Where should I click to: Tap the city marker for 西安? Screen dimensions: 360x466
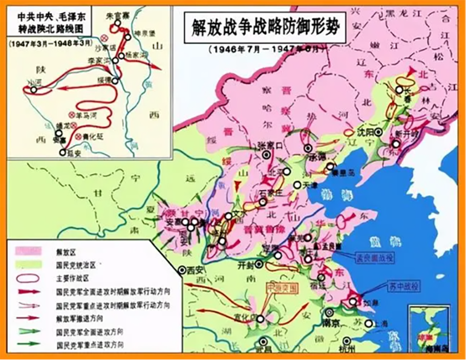(180, 270)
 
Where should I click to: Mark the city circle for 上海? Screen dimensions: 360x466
(369, 324)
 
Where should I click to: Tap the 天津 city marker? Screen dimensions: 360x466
(297, 185)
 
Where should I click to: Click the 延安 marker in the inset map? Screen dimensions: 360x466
(62, 152)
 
